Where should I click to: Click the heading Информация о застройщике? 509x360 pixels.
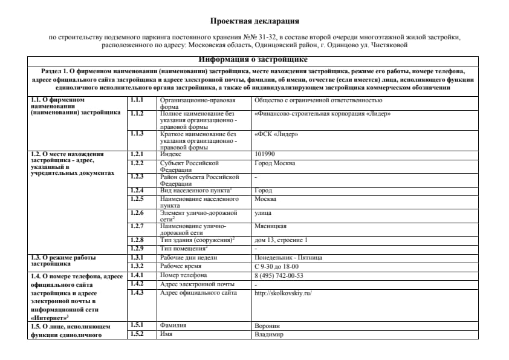point(254,60)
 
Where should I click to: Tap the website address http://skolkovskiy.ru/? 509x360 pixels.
point(283,293)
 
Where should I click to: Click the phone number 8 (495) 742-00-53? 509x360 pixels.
point(279,275)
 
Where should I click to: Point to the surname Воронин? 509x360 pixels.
point(268,326)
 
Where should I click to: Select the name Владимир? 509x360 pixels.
point(269,335)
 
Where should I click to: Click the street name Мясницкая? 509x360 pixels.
point(270,226)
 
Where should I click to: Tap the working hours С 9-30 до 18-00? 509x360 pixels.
point(276,266)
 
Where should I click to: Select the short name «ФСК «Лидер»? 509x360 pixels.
point(276,134)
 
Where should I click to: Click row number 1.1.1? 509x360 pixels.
point(136,99)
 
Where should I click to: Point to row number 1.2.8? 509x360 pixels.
point(137,240)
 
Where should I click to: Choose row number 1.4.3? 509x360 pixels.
point(137,293)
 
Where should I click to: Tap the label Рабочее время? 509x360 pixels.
point(181,266)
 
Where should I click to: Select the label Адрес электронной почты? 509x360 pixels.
point(197,284)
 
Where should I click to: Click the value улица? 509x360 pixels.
point(263,212)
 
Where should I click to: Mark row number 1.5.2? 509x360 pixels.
point(137,335)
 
